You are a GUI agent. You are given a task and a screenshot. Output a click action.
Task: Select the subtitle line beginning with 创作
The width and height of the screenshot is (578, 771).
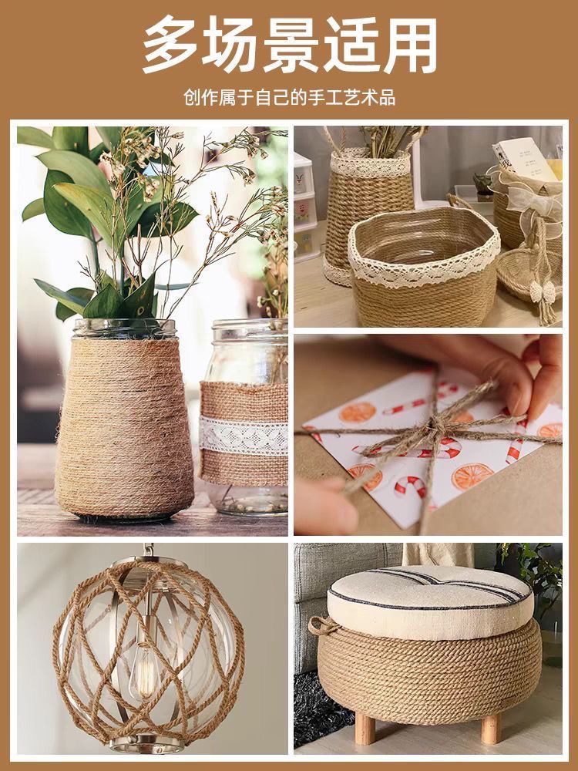coord(290,97)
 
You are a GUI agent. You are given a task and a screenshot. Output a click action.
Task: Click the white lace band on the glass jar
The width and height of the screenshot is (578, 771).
coord(244,436)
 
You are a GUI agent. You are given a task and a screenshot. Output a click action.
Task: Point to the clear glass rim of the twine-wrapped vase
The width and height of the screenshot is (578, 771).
coord(124,328)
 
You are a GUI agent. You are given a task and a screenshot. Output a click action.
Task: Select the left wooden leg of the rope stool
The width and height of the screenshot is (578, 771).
coord(365,729)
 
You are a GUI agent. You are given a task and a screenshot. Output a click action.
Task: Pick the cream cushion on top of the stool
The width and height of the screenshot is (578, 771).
coord(430,601)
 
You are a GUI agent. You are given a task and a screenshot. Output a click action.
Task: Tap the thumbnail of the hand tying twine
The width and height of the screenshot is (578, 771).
coord(428,435)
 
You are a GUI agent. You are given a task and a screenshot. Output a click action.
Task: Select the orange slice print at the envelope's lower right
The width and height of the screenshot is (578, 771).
coord(472,476)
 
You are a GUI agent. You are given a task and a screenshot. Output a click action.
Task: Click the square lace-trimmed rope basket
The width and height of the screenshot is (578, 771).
coord(424,265)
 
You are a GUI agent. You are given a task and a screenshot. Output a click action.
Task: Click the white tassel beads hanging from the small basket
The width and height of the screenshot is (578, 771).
coord(542,292)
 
